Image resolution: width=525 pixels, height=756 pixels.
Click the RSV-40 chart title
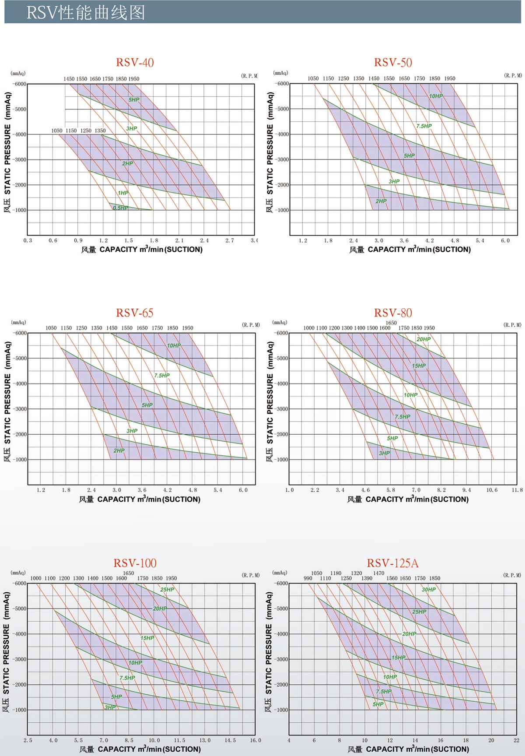click(135, 63)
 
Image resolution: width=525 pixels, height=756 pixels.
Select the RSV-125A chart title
click(392, 563)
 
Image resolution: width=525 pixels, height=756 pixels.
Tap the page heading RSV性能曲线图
click(85, 13)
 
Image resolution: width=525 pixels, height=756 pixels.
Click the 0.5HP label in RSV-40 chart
click(120, 208)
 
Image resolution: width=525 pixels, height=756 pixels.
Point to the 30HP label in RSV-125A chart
click(429, 590)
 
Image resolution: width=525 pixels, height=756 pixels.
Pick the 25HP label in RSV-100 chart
click(167, 590)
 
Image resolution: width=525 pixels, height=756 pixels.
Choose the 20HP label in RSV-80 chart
click(423, 339)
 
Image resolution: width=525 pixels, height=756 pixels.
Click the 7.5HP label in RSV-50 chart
click(424, 126)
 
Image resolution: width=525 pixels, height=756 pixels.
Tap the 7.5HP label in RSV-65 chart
click(162, 376)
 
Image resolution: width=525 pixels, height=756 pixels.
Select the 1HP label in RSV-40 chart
click(123, 193)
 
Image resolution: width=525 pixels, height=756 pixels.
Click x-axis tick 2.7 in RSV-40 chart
click(230, 240)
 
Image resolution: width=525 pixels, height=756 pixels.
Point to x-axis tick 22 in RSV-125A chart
click(517, 740)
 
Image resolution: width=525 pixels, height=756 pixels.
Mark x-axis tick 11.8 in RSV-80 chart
click(517, 490)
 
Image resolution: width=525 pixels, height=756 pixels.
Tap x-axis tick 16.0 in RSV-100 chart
click(255, 740)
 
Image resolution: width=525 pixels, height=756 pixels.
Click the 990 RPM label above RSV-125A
click(308, 578)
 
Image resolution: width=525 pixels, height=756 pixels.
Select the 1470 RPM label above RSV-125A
click(378, 573)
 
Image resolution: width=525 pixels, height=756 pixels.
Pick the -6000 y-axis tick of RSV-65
click(20, 333)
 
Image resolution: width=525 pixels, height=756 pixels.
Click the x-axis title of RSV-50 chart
click(410, 250)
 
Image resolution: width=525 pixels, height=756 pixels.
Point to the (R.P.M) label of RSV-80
click(512, 325)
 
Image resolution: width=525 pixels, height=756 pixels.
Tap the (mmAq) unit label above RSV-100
click(18, 573)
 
